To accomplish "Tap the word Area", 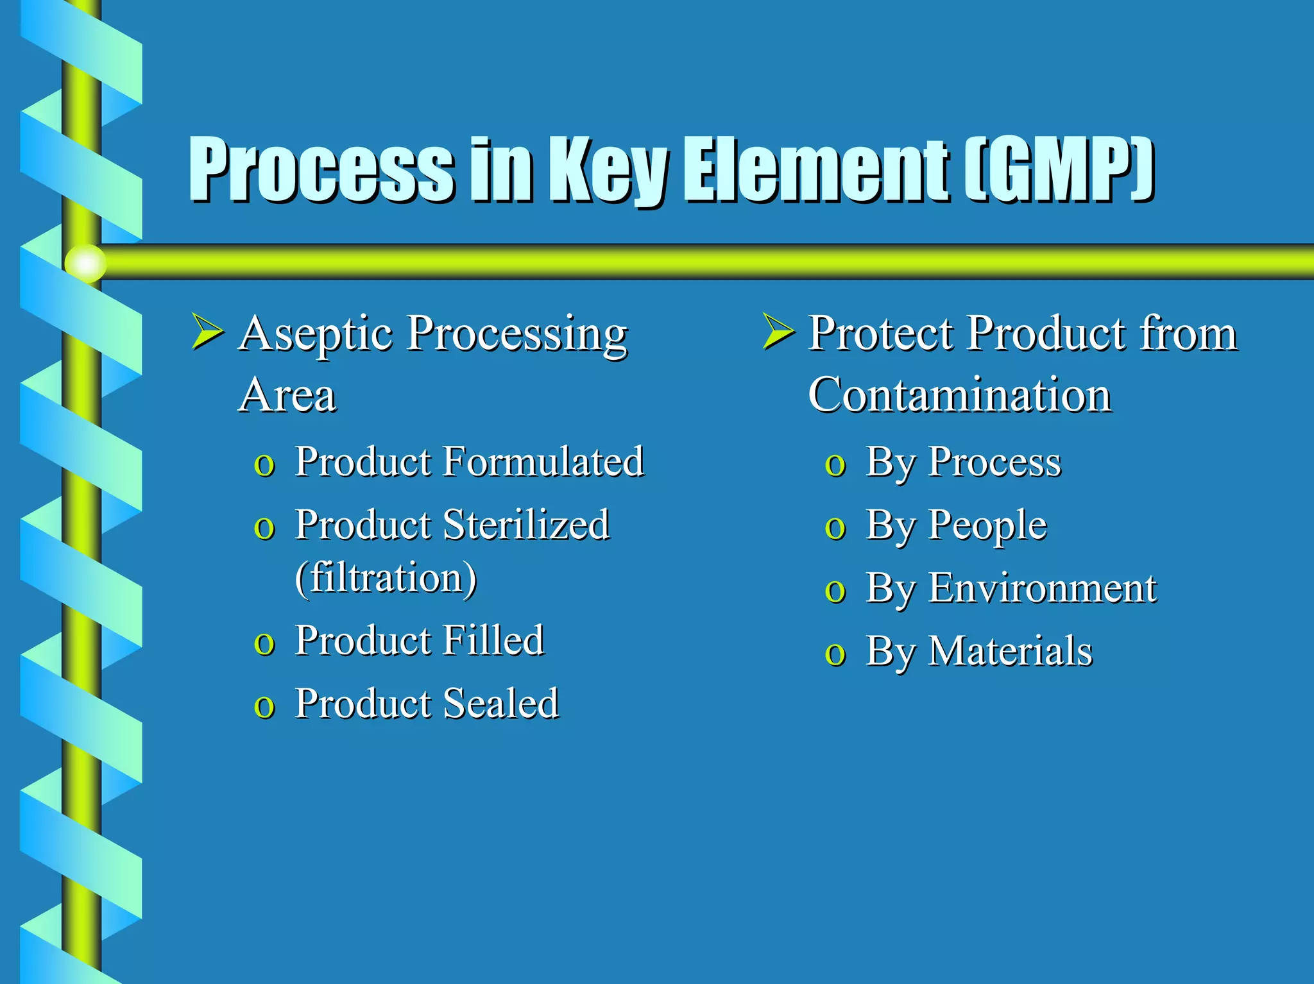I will [x=287, y=394].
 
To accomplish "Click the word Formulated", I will [x=543, y=461].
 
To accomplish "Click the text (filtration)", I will [x=386, y=577].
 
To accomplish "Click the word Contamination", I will [x=959, y=394].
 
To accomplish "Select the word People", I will [x=987, y=525].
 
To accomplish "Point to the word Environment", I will [x=1042, y=588].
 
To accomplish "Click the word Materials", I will [x=1011, y=651].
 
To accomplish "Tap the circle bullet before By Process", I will [x=835, y=465].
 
